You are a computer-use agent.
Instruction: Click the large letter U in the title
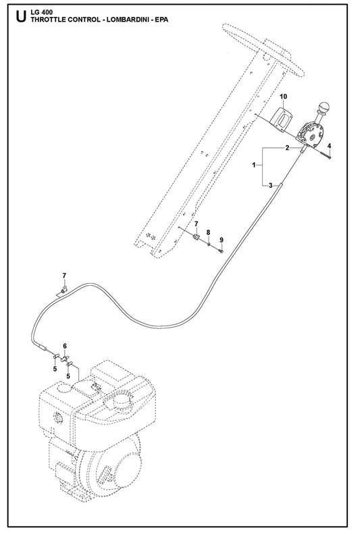[21, 17]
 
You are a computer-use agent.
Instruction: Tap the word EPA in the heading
[161, 20]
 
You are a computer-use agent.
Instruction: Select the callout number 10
[283, 97]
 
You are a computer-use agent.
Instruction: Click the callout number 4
[329, 146]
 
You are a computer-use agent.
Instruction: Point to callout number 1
[253, 166]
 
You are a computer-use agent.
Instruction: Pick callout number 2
[287, 148]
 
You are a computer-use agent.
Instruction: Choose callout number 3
[271, 185]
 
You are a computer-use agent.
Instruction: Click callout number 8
[208, 232]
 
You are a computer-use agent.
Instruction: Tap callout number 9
[222, 240]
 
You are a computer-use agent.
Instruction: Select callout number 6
[65, 346]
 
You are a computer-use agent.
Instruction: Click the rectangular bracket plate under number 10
[282, 120]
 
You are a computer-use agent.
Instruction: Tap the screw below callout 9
[221, 251]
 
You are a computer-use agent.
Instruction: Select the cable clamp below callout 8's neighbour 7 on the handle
[195, 236]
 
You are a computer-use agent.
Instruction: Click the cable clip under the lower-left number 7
[63, 290]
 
